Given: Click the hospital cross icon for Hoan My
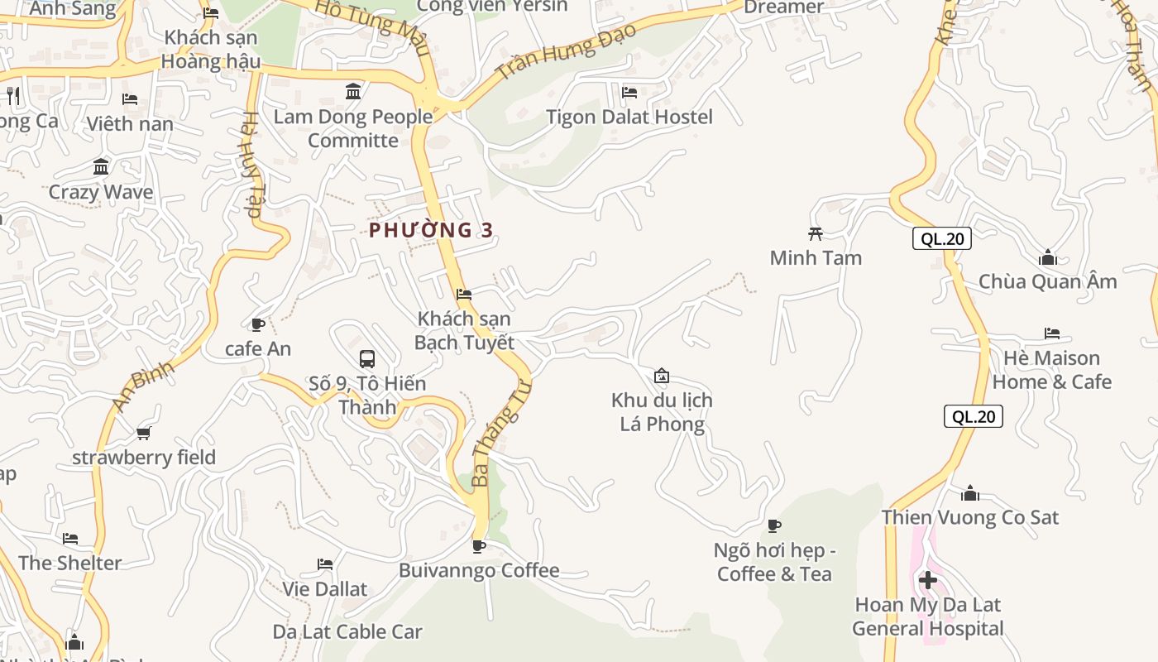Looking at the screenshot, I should (x=928, y=580).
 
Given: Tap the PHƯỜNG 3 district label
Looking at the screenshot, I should (x=431, y=230).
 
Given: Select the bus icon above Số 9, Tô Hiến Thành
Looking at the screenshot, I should (x=367, y=359).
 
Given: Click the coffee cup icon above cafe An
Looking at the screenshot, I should (x=257, y=324).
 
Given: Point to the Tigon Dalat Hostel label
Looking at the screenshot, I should (x=629, y=117).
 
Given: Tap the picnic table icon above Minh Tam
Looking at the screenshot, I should (x=816, y=233).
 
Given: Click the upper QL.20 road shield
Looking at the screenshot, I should (x=941, y=239).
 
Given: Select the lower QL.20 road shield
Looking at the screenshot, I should (x=973, y=416).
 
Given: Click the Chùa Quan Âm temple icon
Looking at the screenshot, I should (x=1048, y=257).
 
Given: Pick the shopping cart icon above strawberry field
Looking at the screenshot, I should (x=144, y=433).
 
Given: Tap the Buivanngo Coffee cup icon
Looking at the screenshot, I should (x=478, y=546).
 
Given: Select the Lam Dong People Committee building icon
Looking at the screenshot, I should (x=353, y=92).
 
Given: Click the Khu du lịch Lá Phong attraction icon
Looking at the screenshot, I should (x=661, y=377).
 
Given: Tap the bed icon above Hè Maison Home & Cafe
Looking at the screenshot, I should (x=1051, y=333).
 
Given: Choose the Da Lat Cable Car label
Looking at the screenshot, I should (x=347, y=631).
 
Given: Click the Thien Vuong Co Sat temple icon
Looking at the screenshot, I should (x=970, y=494).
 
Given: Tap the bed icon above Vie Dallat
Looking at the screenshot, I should (x=325, y=564).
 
